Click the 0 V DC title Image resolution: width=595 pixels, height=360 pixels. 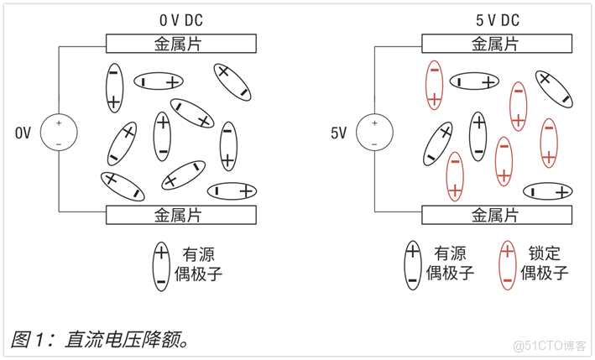pyautogui.click(x=181, y=18)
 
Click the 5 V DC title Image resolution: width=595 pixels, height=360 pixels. pyautogui.click(x=496, y=18)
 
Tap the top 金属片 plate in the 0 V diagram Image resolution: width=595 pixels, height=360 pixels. pyautogui.click(x=180, y=44)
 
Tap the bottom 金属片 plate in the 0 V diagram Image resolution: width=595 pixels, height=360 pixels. pyautogui.click(x=180, y=215)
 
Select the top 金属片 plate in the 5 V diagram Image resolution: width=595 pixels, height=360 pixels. pyautogui.click(x=496, y=44)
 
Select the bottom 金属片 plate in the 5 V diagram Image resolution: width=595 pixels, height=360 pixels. pyautogui.click(x=496, y=215)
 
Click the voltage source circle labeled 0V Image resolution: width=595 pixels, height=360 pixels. pyautogui.click(x=59, y=133)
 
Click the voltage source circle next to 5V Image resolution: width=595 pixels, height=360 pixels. pyautogui.click(x=374, y=133)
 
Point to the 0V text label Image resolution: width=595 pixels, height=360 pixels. pyautogui.click(x=23, y=133)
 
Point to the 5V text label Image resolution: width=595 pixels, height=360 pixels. pyautogui.click(x=338, y=133)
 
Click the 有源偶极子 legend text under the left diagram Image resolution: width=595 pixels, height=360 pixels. pyautogui.click(x=201, y=263)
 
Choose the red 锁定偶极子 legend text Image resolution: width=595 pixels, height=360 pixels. pyautogui.click(x=545, y=263)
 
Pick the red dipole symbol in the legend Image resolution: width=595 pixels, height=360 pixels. pyautogui.click(x=506, y=264)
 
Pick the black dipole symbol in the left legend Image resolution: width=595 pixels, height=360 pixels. pyautogui.click(x=161, y=265)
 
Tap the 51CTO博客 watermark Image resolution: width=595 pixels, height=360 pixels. pyautogui.click(x=549, y=346)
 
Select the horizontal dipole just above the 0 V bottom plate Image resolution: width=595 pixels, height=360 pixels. pyautogui.click(x=232, y=191)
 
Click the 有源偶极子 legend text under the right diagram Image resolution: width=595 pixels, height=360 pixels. pyautogui.click(x=451, y=263)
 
